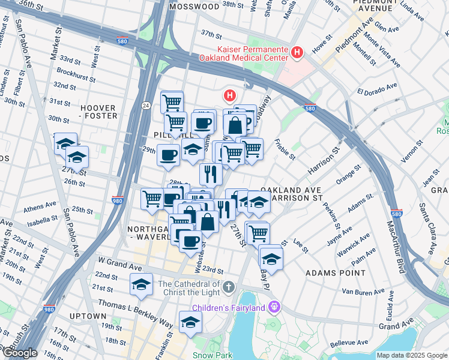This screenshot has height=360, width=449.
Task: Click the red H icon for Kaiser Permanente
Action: (296, 53)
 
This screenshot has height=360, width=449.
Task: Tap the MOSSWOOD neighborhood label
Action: (194, 7)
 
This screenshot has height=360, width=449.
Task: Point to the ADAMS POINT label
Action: (336, 272)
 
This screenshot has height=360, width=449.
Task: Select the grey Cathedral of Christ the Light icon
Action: (228, 288)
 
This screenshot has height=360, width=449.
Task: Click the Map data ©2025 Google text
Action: (411, 355)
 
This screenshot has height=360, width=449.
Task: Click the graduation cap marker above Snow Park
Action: (191, 323)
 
